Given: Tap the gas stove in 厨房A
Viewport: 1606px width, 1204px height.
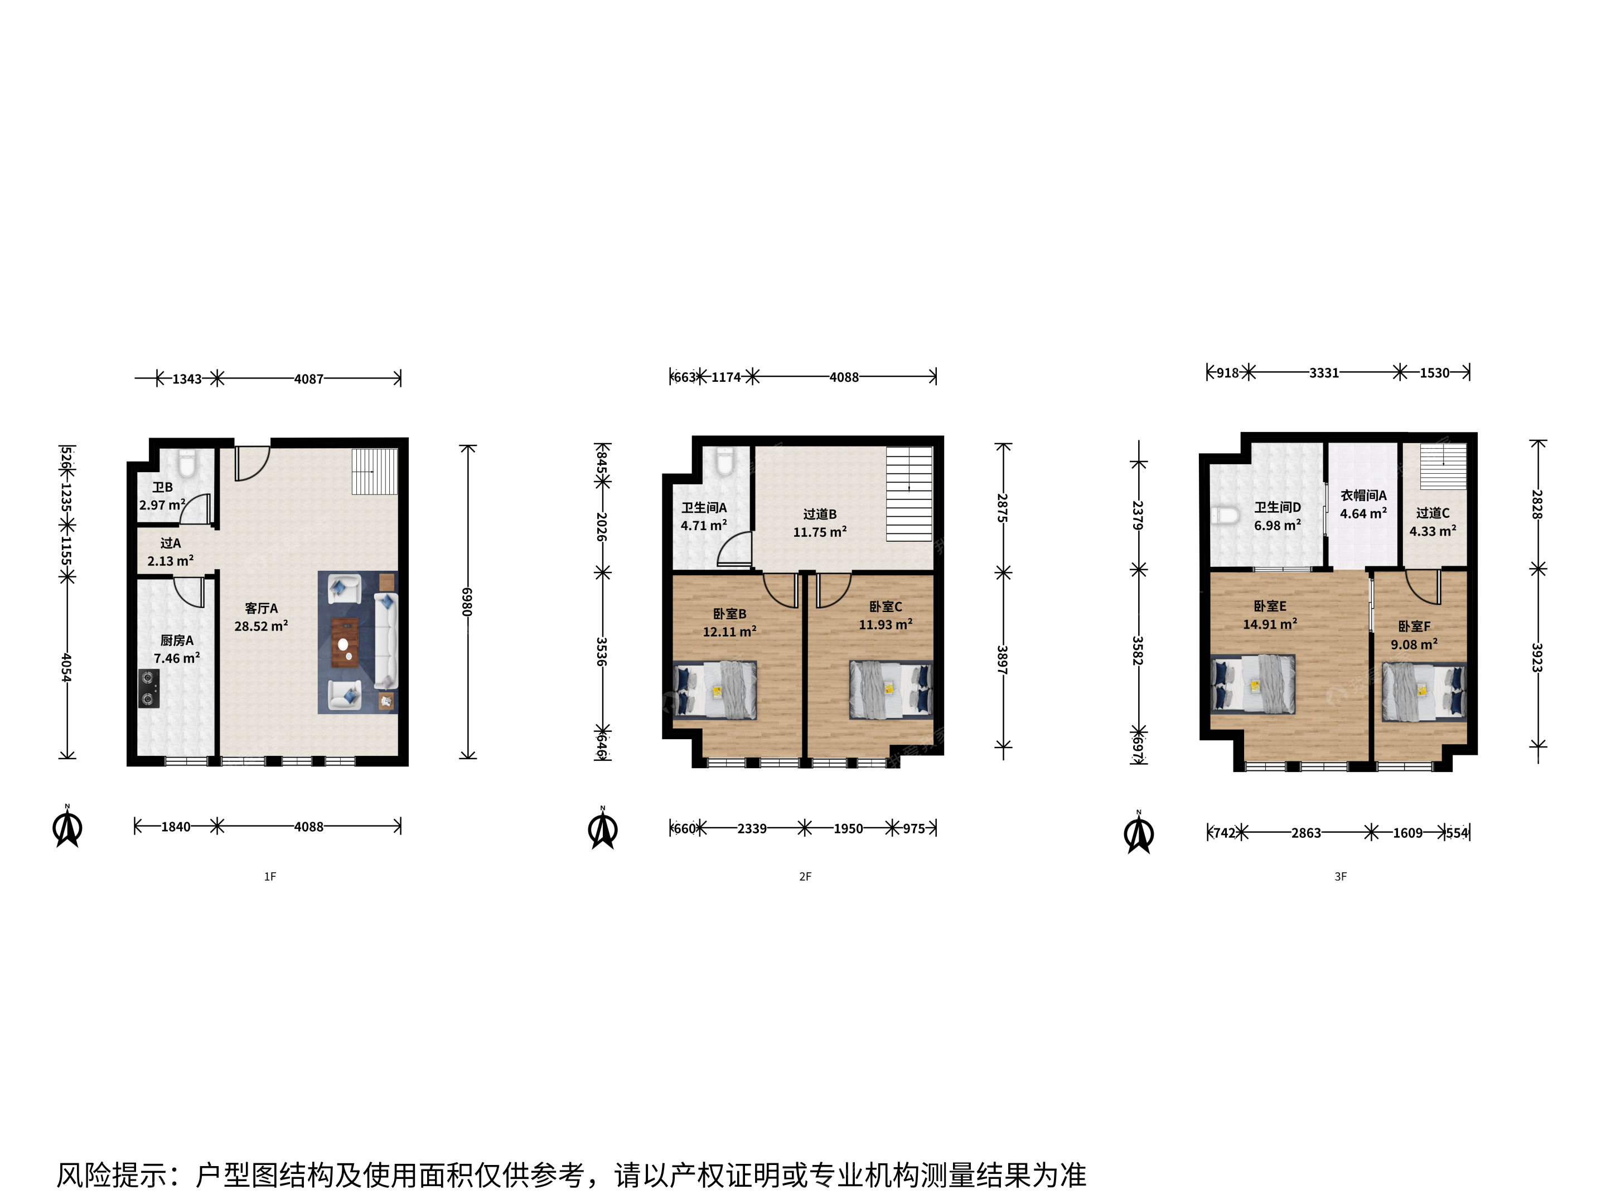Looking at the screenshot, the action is coord(149,689).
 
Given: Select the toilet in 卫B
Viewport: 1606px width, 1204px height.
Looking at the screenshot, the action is coord(187,464).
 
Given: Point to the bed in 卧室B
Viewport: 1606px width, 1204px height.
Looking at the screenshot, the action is coord(715,690).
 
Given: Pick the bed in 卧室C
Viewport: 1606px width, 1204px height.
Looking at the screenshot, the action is coord(891,690).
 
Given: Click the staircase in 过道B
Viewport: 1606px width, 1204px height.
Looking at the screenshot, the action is coord(909,493).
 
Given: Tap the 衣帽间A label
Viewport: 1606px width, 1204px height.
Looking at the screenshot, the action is coord(1363,496).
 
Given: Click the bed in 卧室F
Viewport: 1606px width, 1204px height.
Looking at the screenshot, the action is coord(1424,692).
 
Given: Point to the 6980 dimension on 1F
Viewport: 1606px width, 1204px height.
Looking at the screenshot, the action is coord(467,603).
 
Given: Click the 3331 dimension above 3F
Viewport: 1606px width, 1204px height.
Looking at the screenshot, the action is coord(1324,373).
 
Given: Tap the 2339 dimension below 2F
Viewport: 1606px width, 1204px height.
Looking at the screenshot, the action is coord(752,829).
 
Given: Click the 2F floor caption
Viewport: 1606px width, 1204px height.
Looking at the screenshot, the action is coord(805,877).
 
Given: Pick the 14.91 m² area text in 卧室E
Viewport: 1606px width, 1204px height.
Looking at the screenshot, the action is coord(1270,624).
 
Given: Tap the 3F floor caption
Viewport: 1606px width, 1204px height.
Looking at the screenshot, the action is coord(1340,877).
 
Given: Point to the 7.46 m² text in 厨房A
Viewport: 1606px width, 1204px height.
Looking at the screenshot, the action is coord(176,658).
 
